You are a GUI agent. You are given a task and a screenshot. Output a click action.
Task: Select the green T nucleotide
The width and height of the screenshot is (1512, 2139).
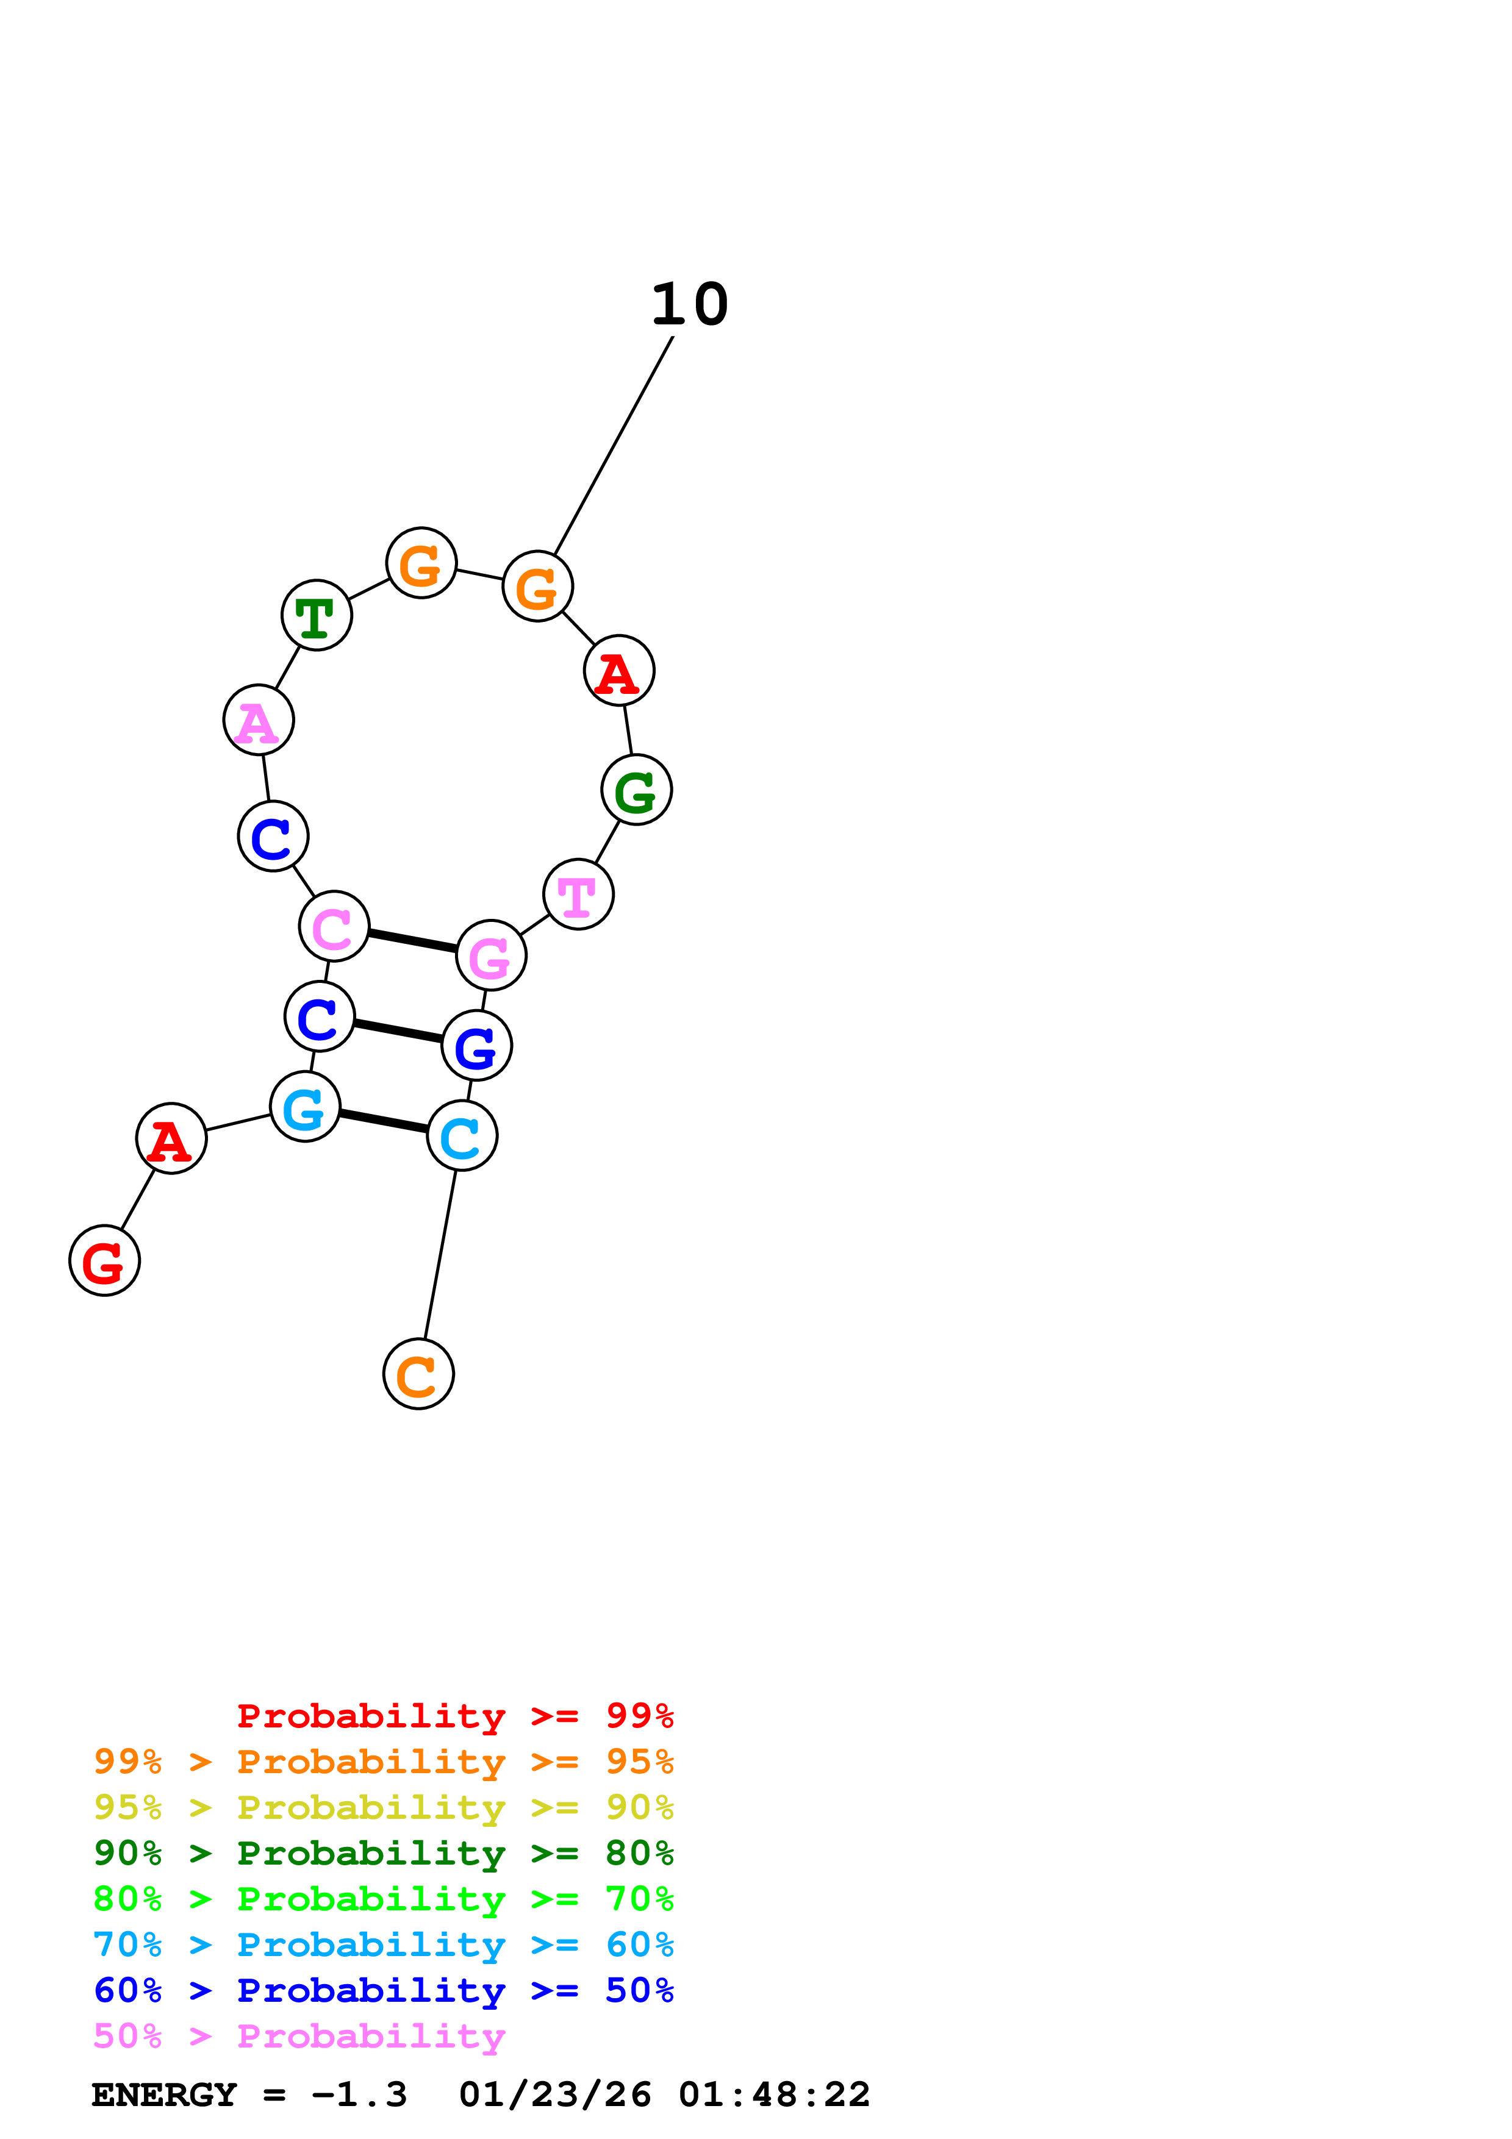317,616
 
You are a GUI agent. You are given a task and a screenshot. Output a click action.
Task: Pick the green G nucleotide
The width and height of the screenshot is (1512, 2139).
636,790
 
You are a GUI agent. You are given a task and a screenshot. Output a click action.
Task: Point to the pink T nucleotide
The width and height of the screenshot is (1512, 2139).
579,895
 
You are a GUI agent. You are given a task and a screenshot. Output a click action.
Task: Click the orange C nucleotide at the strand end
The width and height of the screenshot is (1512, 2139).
418,1374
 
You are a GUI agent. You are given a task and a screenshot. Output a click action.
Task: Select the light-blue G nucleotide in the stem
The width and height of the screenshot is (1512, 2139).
304,1107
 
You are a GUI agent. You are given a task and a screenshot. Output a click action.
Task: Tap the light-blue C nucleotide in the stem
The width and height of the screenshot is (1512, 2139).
462,1135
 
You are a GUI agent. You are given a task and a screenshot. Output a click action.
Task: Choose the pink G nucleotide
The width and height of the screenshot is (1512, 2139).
491,955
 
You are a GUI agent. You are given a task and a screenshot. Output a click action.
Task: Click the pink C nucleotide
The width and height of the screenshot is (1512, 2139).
334,926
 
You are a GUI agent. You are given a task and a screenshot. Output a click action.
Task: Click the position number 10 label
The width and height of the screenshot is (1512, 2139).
689,305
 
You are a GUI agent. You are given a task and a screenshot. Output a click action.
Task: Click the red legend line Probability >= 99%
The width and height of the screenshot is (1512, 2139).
454,1716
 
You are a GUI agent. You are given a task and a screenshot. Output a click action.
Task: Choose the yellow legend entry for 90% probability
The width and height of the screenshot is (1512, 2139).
383,1807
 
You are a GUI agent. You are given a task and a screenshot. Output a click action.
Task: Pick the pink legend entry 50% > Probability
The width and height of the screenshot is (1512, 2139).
299,2037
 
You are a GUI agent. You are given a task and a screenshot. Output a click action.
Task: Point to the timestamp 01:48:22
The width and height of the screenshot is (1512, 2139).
774,2095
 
